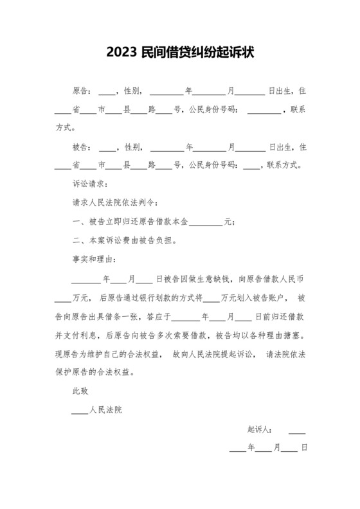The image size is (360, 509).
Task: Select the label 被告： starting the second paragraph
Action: coord(84,147)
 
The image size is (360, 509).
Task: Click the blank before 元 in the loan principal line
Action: coord(206,222)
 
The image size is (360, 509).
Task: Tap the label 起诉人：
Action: coord(260,429)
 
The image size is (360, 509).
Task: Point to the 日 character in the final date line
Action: coord(303,447)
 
